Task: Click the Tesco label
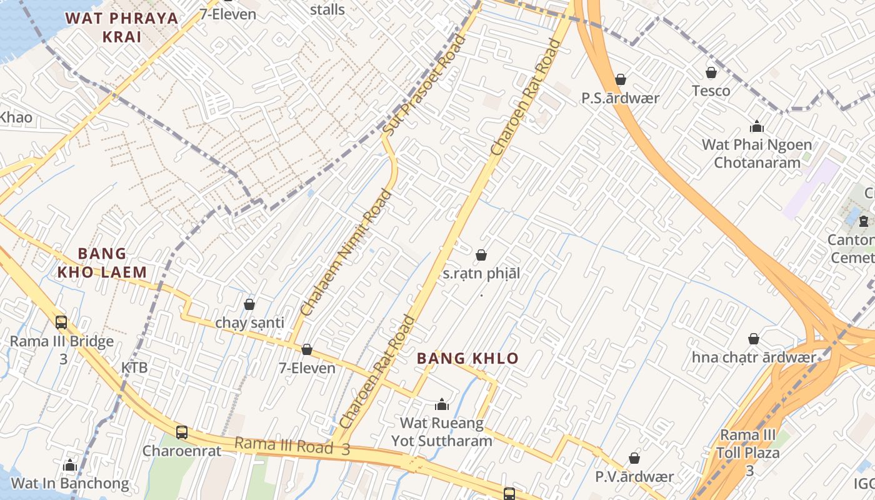tap(711, 91)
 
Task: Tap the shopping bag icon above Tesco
tap(711, 72)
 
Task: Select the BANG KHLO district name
tap(467, 358)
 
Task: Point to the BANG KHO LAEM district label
tap(102, 262)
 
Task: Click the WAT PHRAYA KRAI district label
tap(122, 27)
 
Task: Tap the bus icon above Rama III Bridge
tap(61, 322)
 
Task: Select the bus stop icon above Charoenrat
tap(181, 432)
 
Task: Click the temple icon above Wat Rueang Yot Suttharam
tap(442, 404)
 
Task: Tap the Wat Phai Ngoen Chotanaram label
tap(757, 154)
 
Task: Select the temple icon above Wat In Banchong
tap(70, 465)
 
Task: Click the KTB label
tap(134, 367)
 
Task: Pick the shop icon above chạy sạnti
tap(249, 304)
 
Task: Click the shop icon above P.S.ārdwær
tap(621, 79)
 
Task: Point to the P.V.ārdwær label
tap(634, 477)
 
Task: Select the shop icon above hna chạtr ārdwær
tap(754, 339)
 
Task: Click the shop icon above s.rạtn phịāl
tap(481, 255)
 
